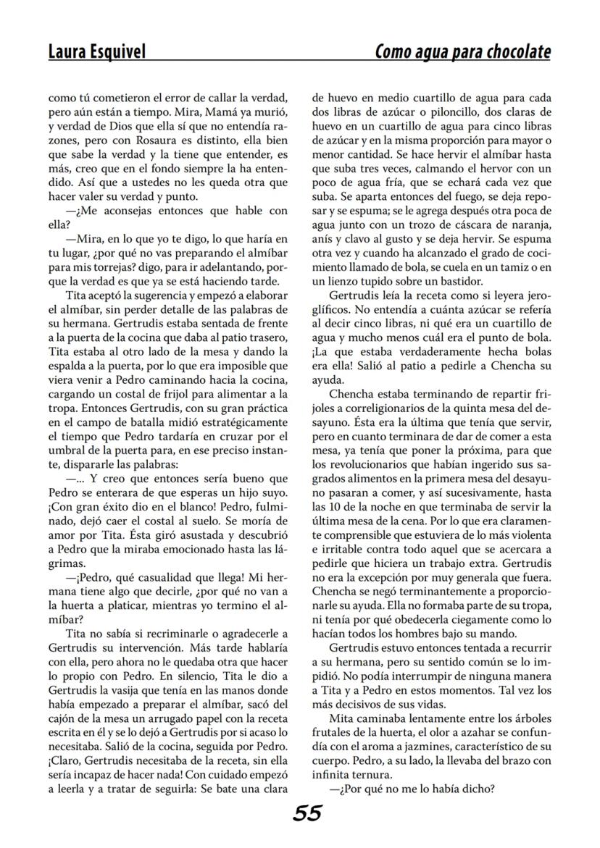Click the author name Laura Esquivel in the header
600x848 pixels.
click(x=96, y=51)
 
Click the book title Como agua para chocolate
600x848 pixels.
click(x=462, y=51)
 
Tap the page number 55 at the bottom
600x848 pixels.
click(x=307, y=813)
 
